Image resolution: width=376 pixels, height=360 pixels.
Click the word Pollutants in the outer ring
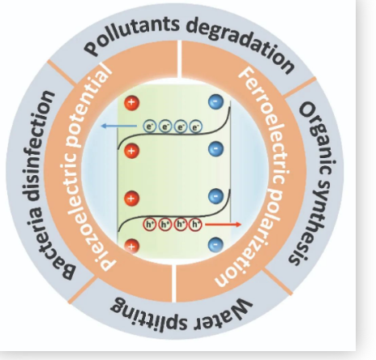tap(131, 33)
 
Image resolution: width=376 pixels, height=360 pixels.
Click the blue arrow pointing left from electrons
tap(118, 126)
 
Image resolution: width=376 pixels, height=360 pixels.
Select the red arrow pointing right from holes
tap(223, 225)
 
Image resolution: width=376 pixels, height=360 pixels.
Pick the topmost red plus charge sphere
tap(131, 103)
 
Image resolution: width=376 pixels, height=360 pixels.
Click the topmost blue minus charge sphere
tap(216, 101)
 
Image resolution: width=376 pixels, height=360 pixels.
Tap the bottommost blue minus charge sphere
tap(216, 245)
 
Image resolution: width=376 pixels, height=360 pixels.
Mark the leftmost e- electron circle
tap(150, 126)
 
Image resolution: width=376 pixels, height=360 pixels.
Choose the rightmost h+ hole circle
tap(195, 225)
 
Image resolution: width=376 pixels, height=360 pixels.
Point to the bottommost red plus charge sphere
tap(131, 246)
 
